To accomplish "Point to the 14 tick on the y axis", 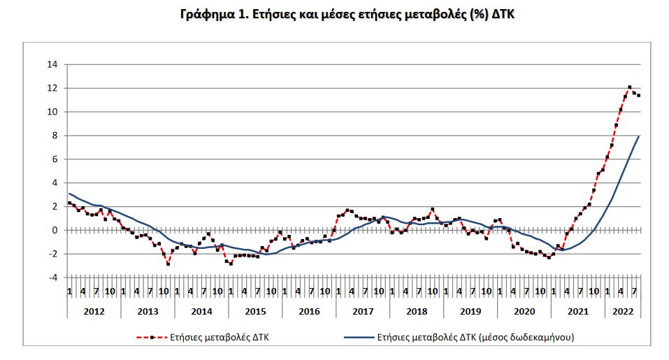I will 52,64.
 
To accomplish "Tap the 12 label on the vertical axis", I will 52,88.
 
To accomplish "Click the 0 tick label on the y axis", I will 55,230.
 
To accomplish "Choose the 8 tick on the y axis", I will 55,136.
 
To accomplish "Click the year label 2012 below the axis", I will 94,309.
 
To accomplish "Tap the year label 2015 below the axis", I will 255,309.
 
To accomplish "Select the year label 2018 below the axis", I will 417,309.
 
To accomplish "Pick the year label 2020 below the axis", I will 524,309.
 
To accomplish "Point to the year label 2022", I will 623,309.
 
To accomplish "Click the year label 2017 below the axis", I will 363,309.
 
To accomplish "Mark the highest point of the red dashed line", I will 629,87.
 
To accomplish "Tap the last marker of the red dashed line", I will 638,95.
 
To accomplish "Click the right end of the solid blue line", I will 639,136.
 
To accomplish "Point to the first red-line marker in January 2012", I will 69,203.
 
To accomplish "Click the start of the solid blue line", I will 69,194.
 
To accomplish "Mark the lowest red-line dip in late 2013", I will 168,264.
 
